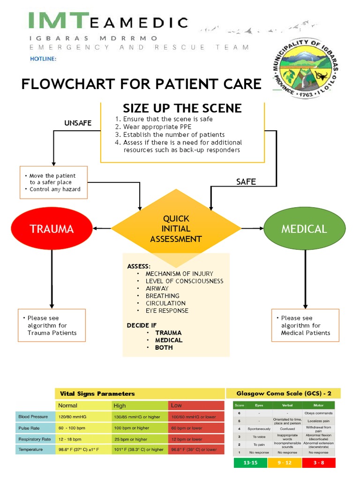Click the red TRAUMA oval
point(52,229)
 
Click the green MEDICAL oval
point(304,229)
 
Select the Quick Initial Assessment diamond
point(176,229)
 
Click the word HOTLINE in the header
point(43,59)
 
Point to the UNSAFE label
point(78,123)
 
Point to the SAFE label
point(246,182)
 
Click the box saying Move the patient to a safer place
point(53,182)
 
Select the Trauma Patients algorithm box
point(52,325)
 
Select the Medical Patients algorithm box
point(305,325)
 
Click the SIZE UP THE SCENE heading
point(182,108)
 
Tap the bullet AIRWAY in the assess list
point(157,288)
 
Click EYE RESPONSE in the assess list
point(166,310)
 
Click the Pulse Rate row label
point(29,428)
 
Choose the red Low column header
point(176,405)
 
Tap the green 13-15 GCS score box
point(251,463)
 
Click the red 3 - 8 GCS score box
point(318,463)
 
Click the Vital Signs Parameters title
point(97,393)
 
